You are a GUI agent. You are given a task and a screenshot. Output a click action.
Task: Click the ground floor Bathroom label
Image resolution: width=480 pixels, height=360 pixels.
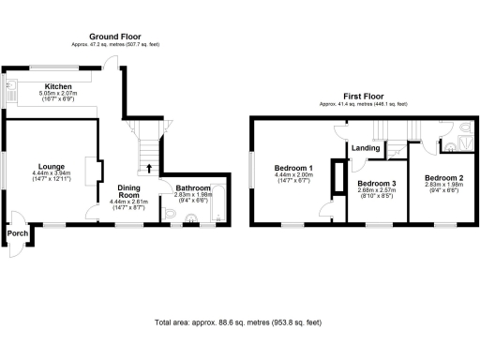click(x=194, y=187)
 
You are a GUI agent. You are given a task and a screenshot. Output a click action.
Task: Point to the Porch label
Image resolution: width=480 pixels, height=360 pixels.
click(x=16, y=233)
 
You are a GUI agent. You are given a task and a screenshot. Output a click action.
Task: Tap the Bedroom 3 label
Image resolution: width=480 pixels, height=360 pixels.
click(x=376, y=183)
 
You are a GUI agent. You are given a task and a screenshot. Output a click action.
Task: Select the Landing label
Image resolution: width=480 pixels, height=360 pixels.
click(x=366, y=147)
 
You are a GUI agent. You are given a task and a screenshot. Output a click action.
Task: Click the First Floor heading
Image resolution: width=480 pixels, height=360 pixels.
click(x=364, y=95)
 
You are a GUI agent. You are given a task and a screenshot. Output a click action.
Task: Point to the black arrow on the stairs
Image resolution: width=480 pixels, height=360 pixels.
click(x=149, y=170)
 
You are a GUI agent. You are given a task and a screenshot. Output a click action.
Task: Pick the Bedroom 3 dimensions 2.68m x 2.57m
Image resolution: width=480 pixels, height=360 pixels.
click(x=376, y=192)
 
